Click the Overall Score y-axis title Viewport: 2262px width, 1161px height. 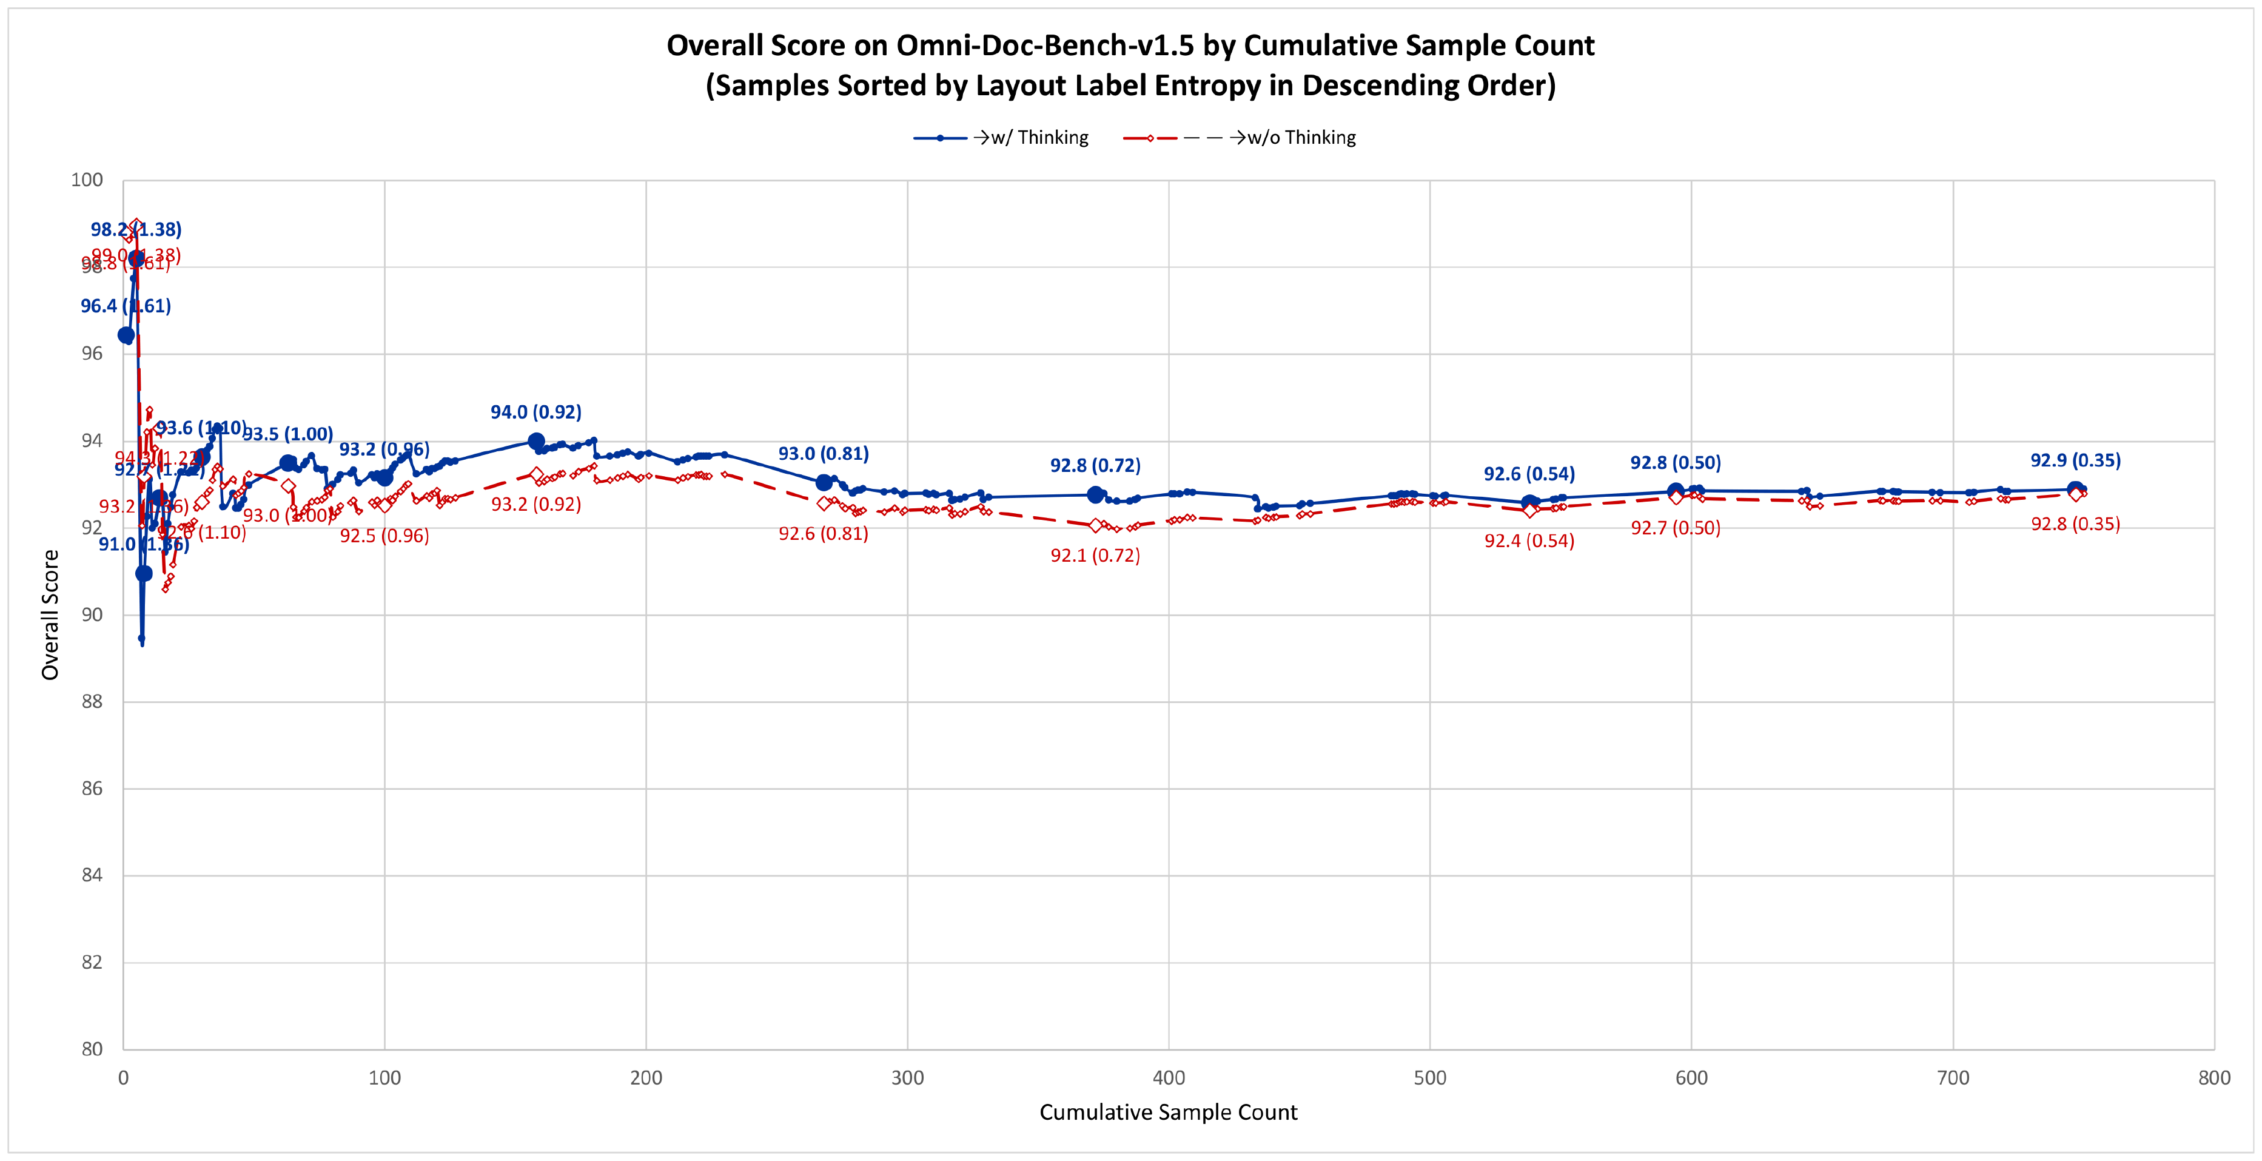point(50,614)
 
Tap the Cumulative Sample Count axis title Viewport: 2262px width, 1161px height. point(1168,1112)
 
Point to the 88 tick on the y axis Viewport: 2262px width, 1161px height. point(92,702)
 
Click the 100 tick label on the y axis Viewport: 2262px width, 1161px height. point(87,180)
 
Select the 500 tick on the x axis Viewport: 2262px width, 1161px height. point(1429,1079)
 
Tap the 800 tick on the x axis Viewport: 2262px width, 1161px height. point(2213,1079)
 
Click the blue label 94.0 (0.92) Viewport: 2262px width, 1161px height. point(535,412)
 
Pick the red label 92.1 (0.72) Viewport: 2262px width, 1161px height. point(1095,556)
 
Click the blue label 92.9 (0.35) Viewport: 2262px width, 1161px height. point(2075,460)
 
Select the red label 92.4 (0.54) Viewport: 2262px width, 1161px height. point(1529,541)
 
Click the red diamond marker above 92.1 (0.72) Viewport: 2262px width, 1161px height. point(1095,525)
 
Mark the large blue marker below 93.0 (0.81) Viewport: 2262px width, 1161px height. point(824,482)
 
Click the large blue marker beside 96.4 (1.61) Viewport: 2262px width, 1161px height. point(126,335)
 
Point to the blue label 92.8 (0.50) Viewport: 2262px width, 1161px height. point(1676,463)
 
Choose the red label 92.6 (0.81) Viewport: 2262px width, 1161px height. point(823,534)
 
